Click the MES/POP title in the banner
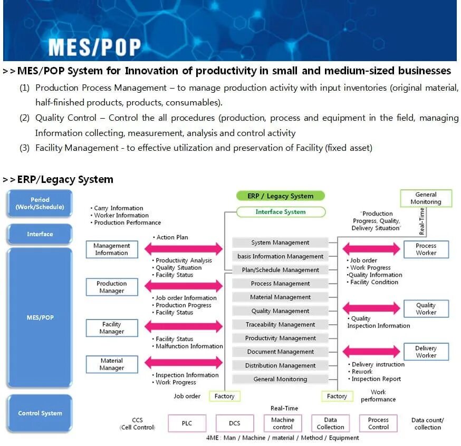tap(94, 47)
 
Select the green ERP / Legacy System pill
tap(280, 196)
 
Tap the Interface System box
tap(280, 212)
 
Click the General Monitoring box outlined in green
tap(426, 198)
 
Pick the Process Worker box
tap(426, 249)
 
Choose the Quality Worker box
tap(426, 308)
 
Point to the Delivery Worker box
tap(426, 352)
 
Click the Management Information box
tap(112, 249)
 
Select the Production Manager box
tap(112, 287)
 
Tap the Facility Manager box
tap(112, 328)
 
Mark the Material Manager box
tap(112, 364)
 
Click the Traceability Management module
tap(280, 325)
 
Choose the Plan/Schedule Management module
tap(280, 270)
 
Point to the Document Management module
tap(280, 352)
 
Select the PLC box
tap(187, 423)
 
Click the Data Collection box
tap(331, 423)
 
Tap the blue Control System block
tap(40, 413)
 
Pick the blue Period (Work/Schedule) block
tap(40, 203)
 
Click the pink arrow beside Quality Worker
tap(371, 308)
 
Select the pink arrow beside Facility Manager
tap(184, 326)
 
